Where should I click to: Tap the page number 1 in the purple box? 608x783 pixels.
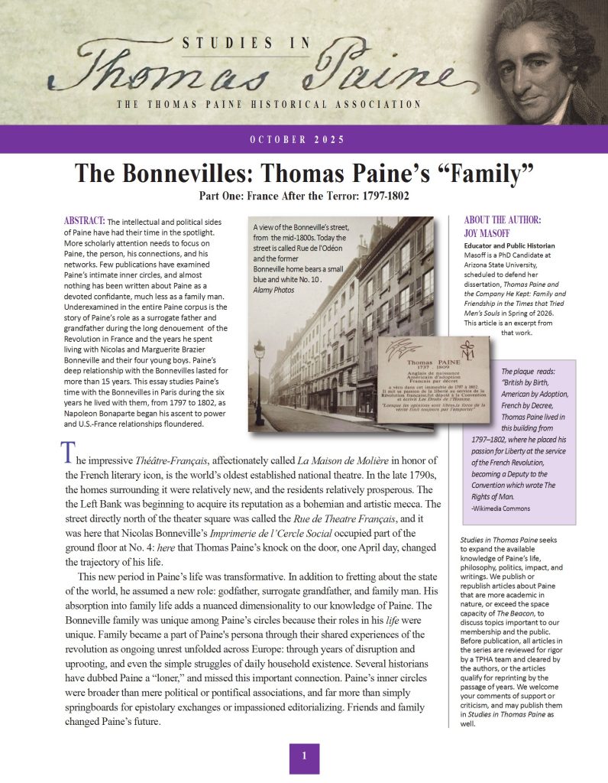(x=303, y=756)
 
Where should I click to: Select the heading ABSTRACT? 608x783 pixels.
(x=85, y=221)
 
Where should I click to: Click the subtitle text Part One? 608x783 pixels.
(x=225, y=196)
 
